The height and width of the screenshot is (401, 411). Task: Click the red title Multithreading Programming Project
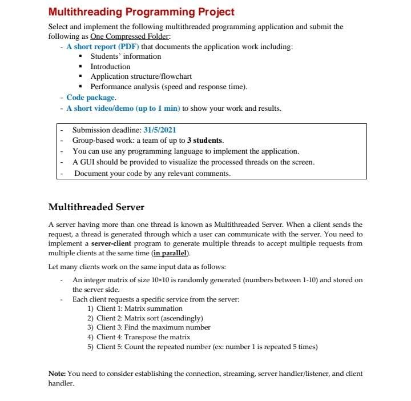tap(141, 11)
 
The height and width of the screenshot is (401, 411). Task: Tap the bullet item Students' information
tap(126, 56)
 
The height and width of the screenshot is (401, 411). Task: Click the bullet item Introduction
tap(110, 66)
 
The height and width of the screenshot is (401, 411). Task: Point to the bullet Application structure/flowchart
tap(141, 77)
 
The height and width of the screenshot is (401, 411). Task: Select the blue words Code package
tap(91, 98)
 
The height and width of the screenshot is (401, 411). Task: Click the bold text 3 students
tap(205, 141)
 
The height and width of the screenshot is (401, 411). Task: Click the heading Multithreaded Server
tap(96, 207)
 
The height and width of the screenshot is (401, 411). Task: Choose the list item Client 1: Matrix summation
tap(135, 308)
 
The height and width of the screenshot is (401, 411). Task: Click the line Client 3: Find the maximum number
tap(148, 327)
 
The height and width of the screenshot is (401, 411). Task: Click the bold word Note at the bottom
tap(57, 374)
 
